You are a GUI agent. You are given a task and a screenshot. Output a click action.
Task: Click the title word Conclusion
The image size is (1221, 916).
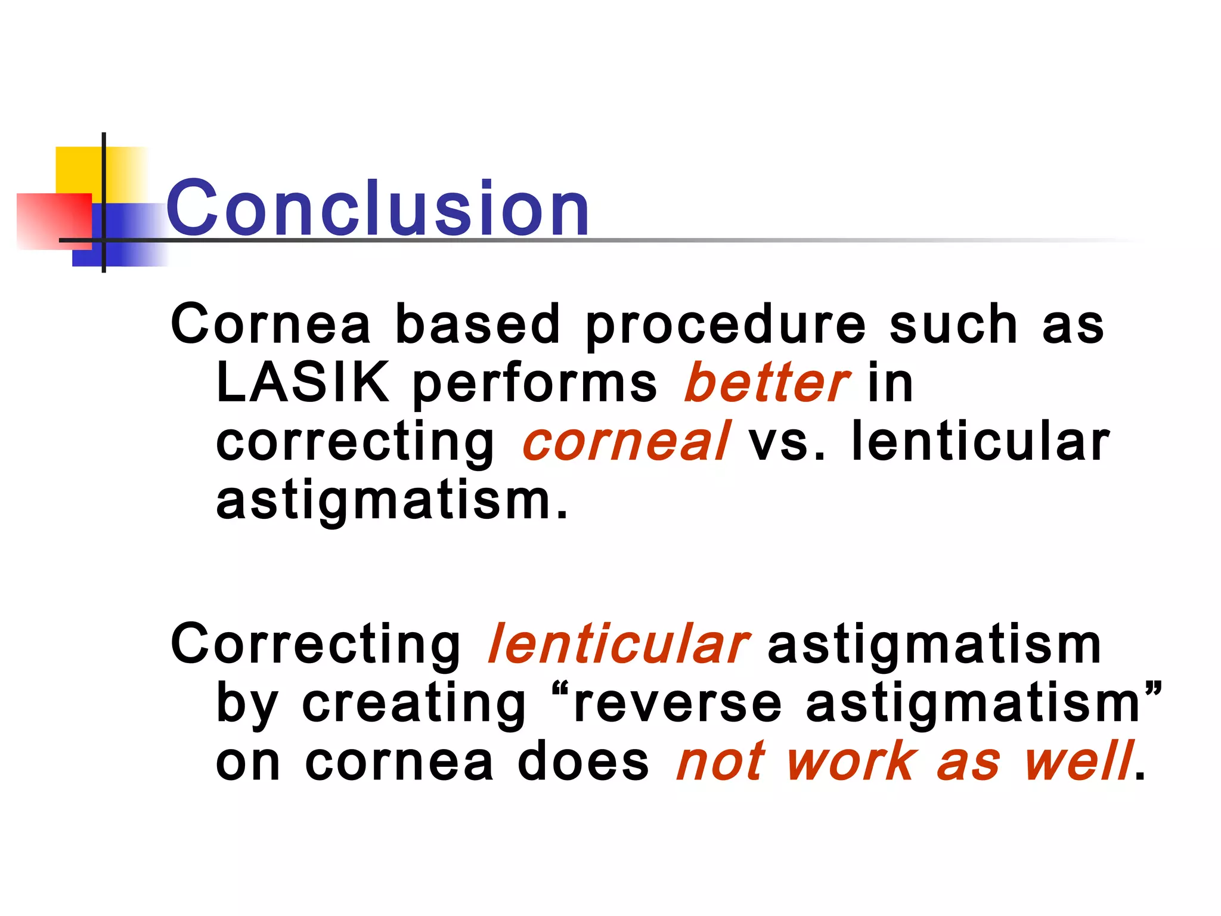(378, 209)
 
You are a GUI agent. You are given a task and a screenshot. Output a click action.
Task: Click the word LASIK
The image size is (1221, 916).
(302, 383)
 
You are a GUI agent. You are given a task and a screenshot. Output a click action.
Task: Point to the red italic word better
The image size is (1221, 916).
(766, 383)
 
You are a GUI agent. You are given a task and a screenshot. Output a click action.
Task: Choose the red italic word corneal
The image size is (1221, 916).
(625, 442)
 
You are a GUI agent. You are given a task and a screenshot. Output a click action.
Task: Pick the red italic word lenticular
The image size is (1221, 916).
(618, 644)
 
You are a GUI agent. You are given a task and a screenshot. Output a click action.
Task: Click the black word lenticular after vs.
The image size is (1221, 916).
(980, 442)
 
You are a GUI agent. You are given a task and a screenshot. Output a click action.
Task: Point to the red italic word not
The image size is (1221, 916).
(720, 763)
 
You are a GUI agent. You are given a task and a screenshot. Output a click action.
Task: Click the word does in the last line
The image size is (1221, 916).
(583, 763)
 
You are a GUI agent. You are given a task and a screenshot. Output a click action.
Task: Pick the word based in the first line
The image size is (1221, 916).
(478, 324)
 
